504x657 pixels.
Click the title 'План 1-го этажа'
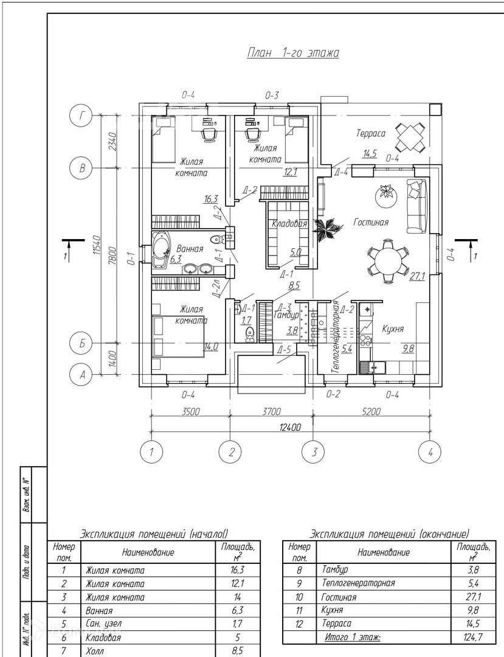[x=293, y=53]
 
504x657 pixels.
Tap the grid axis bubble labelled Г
[x=80, y=114]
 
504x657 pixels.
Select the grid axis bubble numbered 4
[x=430, y=451]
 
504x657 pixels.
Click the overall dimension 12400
[x=290, y=428]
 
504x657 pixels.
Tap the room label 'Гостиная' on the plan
[x=371, y=223]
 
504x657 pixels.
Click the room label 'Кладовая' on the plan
[x=289, y=224]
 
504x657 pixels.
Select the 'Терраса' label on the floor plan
[x=371, y=133]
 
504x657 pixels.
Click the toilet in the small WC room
[x=248, y=335]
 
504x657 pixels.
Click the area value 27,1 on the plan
[x=416, y=277]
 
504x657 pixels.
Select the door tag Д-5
[x=283, y=350]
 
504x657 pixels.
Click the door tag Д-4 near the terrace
[x=341, y=172]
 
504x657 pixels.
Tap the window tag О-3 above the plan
[x=272, y=95]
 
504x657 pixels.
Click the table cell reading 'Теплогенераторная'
[x=358, y=583]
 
